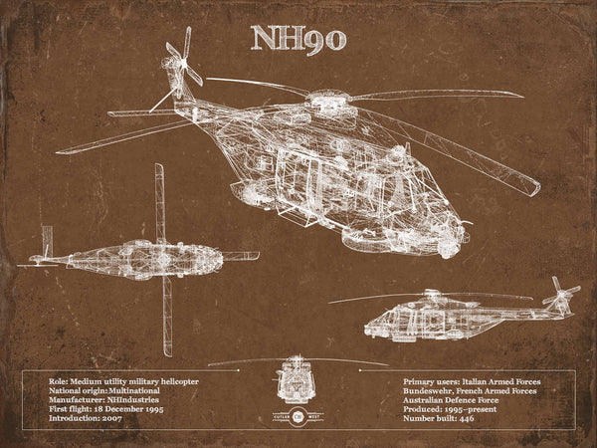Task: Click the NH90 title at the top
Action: pyautogui.click(x=298, y=38)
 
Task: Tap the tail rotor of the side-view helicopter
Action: pyautogui.click(x=563, y=295)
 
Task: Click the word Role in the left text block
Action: pyautogui.click(x=58, y=381)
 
